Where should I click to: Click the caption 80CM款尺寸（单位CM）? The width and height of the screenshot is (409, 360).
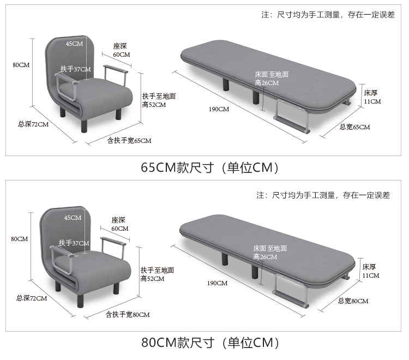point(210,343)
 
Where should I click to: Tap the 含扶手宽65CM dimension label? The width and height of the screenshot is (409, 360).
point(129,141)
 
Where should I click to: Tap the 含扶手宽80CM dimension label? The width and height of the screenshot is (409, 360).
point(128,315)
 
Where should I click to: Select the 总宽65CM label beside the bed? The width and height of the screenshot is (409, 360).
point(354,127)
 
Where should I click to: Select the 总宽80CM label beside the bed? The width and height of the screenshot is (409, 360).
point(353,301)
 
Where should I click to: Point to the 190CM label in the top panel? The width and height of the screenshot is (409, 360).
point(219,109)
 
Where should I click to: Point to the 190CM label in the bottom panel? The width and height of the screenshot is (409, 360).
point(217,283)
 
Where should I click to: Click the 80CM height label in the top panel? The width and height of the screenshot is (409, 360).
point(21,65)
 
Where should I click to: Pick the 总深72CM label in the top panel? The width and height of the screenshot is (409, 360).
point(33,124)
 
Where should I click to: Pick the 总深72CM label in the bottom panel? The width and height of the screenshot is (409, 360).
point(32,298)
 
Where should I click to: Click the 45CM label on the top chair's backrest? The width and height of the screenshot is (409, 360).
point(74,44)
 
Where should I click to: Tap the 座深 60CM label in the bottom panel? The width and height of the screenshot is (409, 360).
point(120,224)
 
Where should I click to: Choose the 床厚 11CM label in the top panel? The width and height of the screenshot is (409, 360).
point(372,97)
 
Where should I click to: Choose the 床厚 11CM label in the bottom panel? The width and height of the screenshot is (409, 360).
point(371,271)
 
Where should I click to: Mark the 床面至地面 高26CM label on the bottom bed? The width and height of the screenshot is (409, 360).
point(270,253)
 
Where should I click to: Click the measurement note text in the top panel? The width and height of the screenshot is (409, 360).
point(328,15)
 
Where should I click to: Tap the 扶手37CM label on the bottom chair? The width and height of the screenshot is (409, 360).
point(74,243)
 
